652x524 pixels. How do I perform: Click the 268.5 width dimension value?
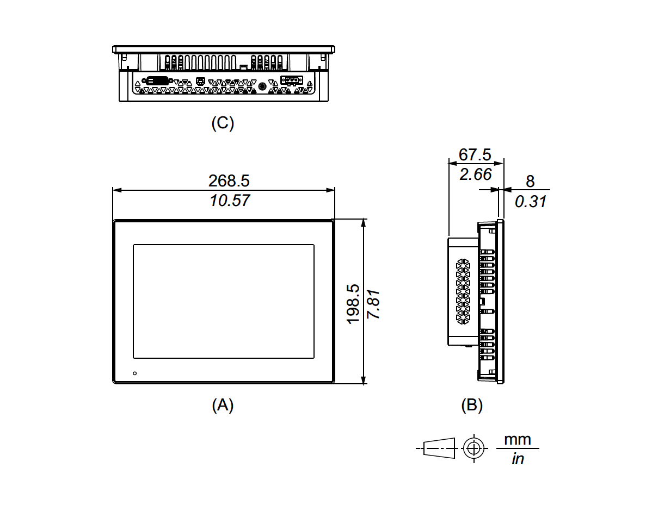(x=229, y=180)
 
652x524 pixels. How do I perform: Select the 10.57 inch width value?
(x=230, y=201)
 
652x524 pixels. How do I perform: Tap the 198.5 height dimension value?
(x=353, y=304)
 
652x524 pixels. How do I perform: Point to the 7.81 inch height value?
(x=373, y=304)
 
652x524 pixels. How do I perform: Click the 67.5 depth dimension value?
(x=475, y=154)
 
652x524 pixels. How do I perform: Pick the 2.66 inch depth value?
(x=475, y=174)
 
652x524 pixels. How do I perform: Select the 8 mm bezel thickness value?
(x=530, y=182)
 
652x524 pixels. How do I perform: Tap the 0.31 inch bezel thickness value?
(x=530, y=202)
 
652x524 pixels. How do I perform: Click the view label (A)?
(x=223, y=405)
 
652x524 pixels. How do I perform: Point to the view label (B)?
(x=472, y=405)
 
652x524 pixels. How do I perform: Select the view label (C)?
(x=223, y=123)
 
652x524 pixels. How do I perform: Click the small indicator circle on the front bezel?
(x=135, y=373)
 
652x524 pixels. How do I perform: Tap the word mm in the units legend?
(x=518, y=439)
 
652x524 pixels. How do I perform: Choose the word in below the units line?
(x=518, y=459)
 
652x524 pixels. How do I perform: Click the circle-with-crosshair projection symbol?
(x=473, y=448)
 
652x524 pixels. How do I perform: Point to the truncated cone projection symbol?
(x=439, y=448)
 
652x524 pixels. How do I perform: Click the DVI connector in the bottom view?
(x=158, y=80)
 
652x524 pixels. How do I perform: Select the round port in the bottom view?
(x=262, y=86)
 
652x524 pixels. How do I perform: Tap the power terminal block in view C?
(x=292, y=80)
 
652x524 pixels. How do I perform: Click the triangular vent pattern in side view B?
(x=463, y=291)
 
